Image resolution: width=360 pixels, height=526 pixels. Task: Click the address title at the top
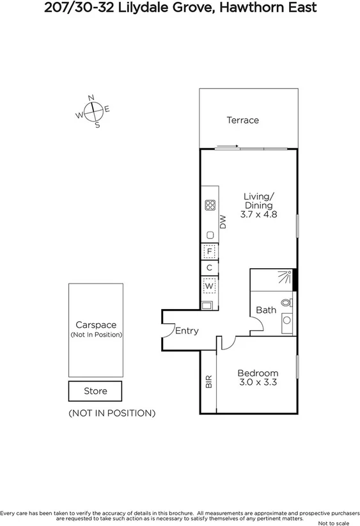180,8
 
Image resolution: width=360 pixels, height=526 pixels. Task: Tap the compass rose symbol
93,111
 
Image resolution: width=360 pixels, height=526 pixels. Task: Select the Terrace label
243,120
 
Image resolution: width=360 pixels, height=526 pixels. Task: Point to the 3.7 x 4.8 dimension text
258,215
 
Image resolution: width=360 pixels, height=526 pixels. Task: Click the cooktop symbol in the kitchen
210,205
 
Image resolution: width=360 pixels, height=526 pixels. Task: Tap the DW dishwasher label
223,222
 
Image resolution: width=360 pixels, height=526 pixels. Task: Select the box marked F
209,251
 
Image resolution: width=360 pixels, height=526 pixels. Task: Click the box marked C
209,268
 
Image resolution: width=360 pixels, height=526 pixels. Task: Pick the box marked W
209,285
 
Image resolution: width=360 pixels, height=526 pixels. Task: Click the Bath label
266,310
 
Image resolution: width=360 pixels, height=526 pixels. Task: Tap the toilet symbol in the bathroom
286,301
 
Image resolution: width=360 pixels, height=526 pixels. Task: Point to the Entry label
187,331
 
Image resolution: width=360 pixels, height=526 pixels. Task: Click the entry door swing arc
169,329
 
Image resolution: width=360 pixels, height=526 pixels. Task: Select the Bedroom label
258,374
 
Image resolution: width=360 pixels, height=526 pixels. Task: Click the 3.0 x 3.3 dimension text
258,383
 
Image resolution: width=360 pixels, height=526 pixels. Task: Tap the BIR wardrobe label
208,382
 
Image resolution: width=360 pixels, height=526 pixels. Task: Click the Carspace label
96,325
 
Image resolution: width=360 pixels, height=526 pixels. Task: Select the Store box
95,391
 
